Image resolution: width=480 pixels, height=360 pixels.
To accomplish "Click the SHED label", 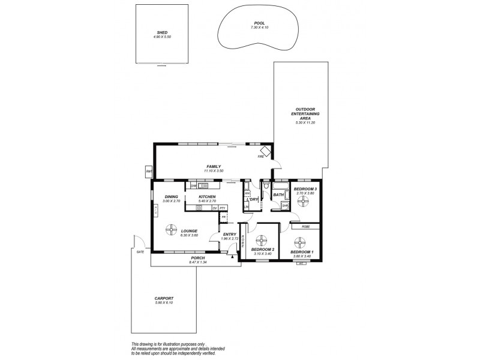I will point(161,32).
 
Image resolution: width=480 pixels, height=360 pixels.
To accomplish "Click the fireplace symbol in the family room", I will point(264,150).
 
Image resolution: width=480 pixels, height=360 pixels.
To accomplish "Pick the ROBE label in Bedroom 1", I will point(305,227).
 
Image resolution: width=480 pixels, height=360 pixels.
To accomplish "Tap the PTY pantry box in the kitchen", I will point(222,208).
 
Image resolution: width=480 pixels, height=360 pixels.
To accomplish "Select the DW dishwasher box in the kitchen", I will point(194,186).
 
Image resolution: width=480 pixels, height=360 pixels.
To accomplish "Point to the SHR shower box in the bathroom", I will point(285,205).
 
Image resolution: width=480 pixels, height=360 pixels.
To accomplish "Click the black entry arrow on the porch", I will point(231,255).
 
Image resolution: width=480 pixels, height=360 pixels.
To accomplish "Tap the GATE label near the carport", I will point(140,253).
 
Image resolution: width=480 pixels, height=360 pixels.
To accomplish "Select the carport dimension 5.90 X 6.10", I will point(163,302).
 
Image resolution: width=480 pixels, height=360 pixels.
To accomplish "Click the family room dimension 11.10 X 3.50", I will point(214,171).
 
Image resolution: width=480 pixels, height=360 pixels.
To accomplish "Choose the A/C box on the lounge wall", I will point(155,209).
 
